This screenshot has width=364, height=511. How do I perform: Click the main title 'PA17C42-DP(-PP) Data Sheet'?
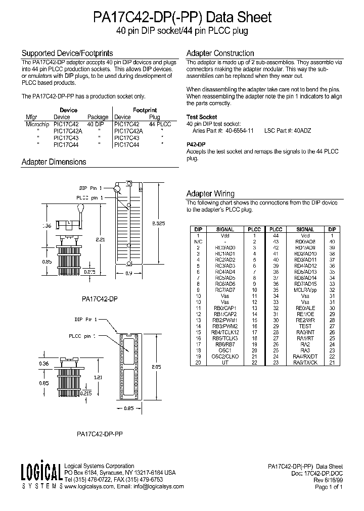[182, 17]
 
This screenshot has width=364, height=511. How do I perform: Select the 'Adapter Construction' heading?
[220, 53]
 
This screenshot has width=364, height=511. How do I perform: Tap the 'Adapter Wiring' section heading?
[210, 193]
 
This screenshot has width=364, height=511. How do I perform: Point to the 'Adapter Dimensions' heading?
[54, 162]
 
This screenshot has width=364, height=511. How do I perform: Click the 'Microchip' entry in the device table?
[38, 124]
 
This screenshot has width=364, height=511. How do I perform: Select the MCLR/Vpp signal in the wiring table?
[305, 290]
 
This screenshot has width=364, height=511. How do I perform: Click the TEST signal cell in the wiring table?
[305, 326]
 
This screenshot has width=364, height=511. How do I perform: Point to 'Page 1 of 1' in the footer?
[329, 487]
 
